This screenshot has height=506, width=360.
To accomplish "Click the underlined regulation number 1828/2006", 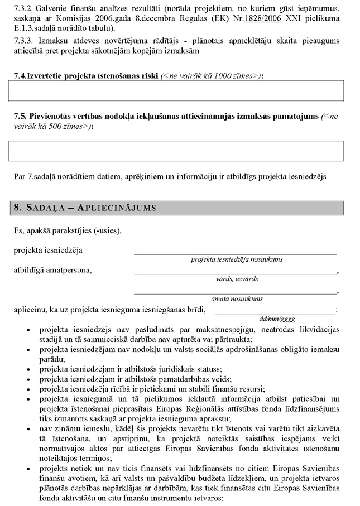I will coord(241,18).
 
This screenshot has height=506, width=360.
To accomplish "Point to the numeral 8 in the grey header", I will coord(17,208).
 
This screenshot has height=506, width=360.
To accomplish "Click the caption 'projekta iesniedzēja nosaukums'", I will coord(237,259).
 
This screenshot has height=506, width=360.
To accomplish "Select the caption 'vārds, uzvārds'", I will coord(237,278).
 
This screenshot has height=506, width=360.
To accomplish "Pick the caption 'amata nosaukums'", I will coord(237,298).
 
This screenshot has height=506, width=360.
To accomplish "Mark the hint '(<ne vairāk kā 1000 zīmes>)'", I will coord(212,75).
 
